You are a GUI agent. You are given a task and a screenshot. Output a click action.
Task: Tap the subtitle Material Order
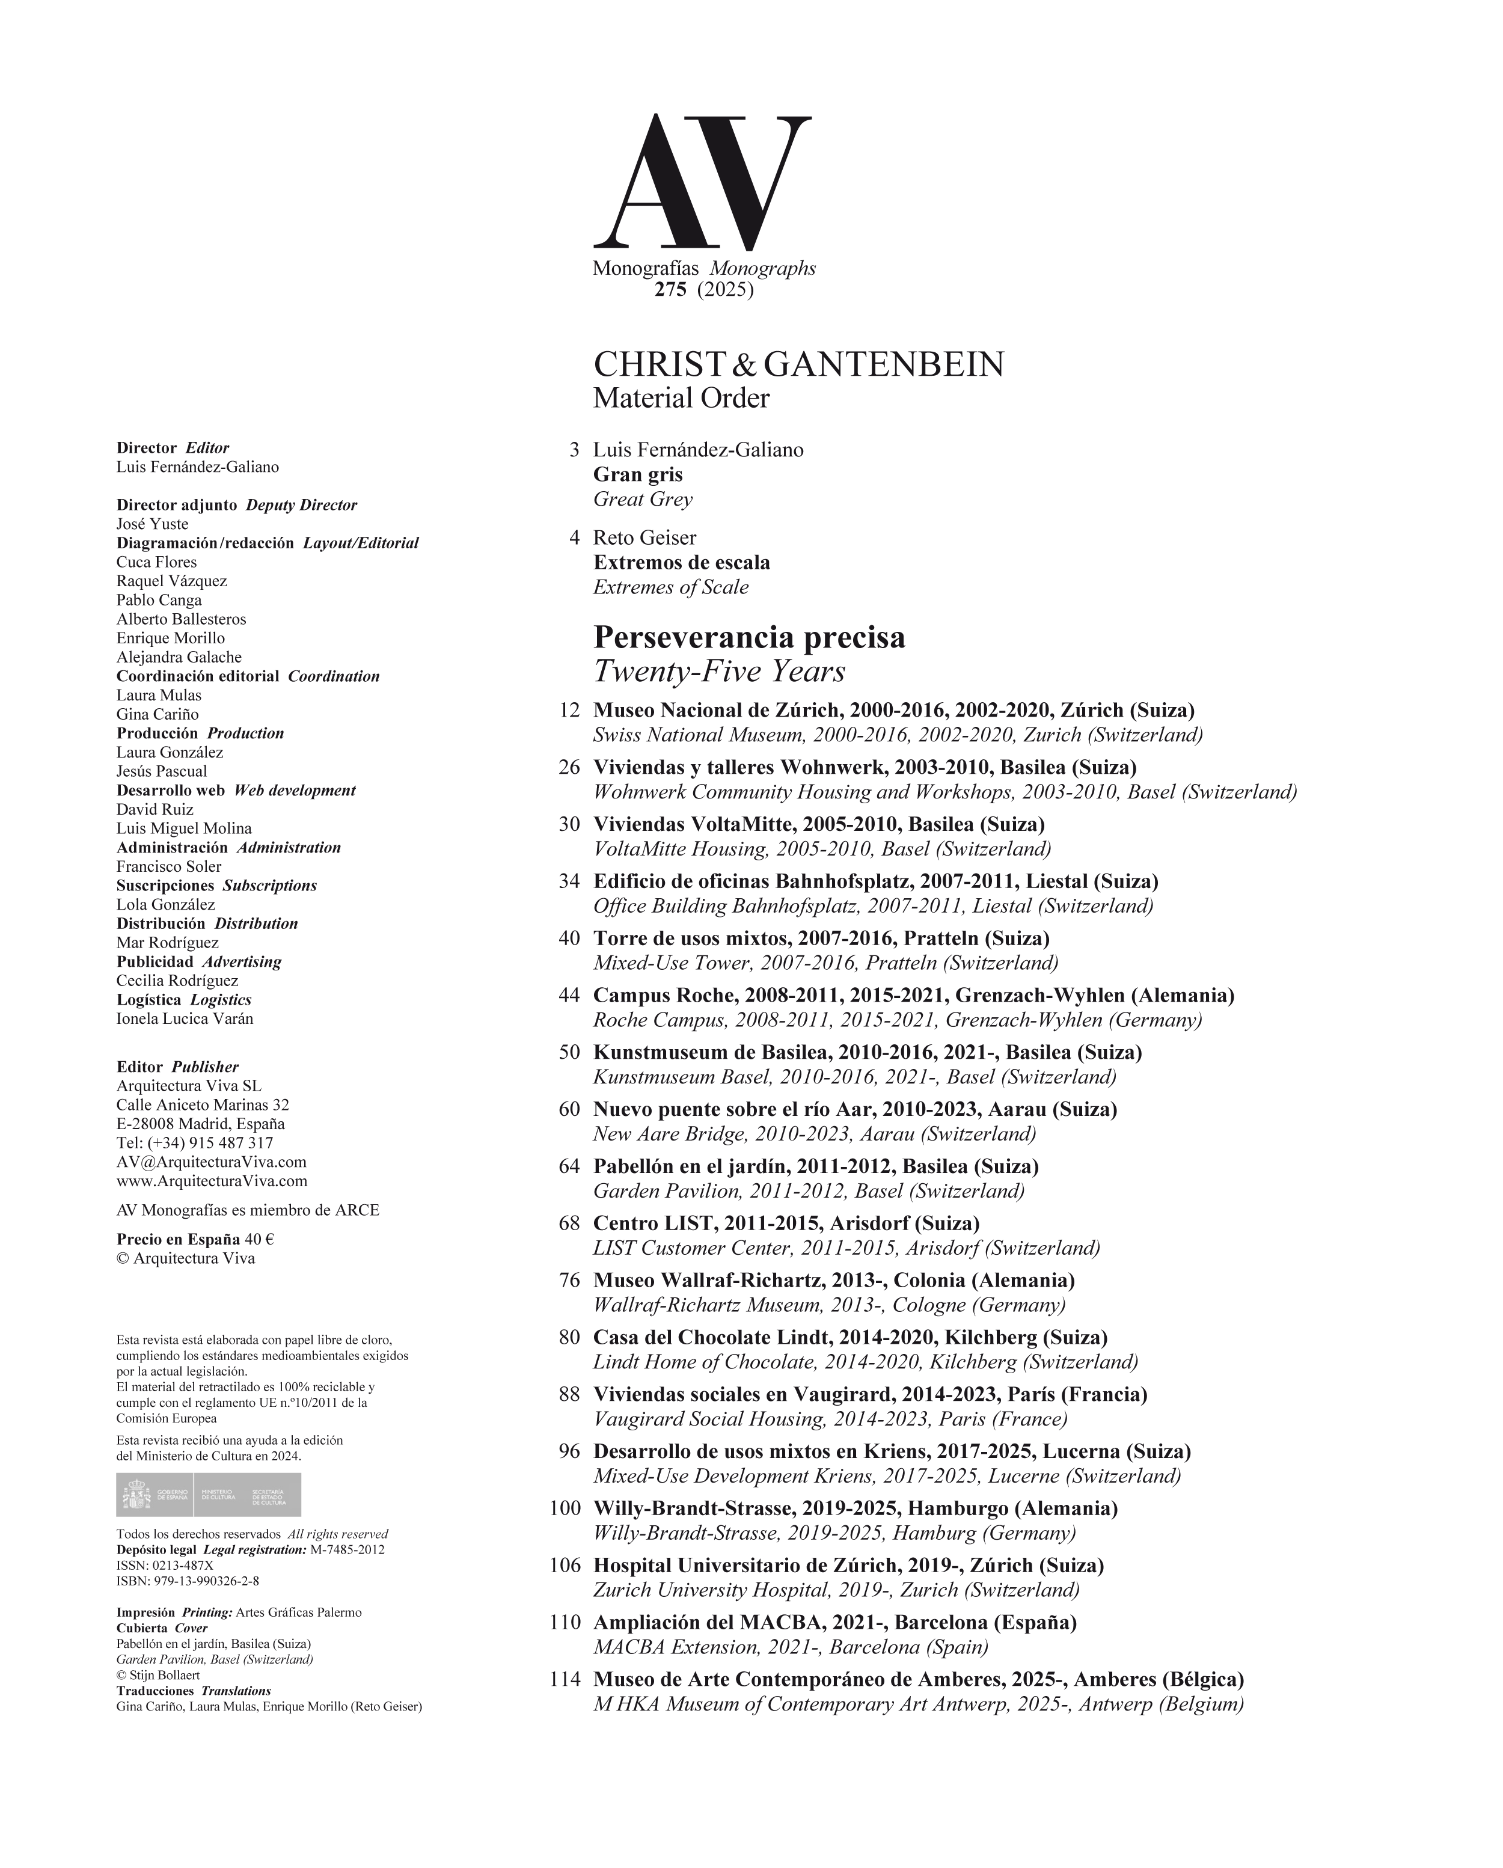681,399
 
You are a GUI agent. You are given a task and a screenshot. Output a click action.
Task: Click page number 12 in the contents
569,711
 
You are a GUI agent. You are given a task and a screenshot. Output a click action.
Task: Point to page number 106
565,1566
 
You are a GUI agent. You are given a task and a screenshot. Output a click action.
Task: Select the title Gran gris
638,475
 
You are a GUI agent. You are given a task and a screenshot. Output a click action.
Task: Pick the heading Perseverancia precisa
749,638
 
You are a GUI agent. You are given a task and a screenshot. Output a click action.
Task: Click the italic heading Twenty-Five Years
719,672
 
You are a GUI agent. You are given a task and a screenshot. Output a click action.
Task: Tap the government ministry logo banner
209,1495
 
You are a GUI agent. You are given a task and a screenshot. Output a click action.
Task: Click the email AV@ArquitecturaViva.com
212,1162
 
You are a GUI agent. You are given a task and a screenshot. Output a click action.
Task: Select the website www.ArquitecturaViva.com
212,1181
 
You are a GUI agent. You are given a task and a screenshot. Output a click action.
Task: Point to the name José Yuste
153,524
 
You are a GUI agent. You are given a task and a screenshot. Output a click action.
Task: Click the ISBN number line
188,1581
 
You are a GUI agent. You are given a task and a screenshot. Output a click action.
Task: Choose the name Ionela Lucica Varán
185,1019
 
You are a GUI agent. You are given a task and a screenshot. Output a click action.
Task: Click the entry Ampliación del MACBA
834,1623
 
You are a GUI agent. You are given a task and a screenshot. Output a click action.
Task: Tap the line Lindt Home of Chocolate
865,1362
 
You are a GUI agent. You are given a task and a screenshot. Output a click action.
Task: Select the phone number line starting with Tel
195,1143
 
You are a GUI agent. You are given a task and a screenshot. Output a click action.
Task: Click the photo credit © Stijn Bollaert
158,1675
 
